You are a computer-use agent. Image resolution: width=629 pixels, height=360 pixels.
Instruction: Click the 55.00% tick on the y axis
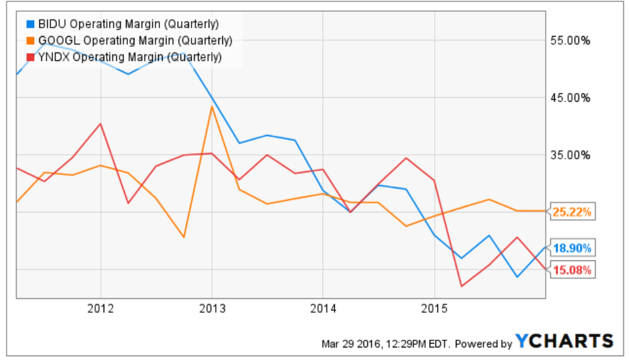573,41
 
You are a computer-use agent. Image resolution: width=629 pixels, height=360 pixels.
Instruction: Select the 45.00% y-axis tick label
573,98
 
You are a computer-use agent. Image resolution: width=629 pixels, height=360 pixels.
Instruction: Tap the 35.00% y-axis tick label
573,155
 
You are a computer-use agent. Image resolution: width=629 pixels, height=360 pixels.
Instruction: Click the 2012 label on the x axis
101,308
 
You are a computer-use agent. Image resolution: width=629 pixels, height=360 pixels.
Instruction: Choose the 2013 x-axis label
212,308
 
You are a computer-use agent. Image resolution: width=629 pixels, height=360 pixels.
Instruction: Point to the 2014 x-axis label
323,308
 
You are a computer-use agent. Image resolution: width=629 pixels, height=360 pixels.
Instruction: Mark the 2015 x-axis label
434,308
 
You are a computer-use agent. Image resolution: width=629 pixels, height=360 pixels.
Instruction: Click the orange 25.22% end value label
572,212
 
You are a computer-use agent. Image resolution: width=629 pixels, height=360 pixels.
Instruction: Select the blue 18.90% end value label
572,248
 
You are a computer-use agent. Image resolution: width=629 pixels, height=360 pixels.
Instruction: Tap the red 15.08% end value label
572,270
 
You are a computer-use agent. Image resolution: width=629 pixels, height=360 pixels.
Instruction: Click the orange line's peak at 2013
212,106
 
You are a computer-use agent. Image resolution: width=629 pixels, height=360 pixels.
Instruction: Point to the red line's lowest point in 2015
461,286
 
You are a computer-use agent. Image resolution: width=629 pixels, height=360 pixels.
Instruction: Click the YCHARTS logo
564,341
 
